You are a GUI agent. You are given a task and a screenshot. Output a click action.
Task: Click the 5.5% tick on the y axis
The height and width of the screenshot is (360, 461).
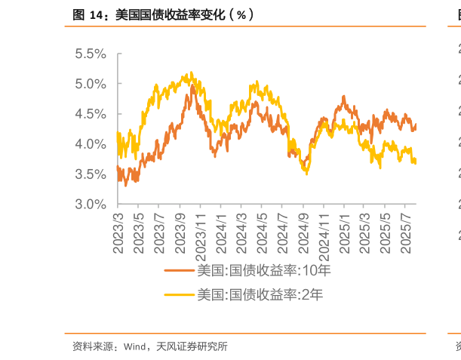(90, 54)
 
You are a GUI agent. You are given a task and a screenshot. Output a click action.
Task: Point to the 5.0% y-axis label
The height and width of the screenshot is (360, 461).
(90, 84)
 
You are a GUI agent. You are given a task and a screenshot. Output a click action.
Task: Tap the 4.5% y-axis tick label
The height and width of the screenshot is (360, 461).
(90, 114)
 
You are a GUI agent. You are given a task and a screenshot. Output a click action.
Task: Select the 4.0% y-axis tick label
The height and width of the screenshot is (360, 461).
(90, 144)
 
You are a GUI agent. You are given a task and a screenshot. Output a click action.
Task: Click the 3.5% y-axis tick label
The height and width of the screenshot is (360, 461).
(90, 174)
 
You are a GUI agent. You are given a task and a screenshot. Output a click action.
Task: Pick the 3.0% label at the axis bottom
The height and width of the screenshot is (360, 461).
(90, 204)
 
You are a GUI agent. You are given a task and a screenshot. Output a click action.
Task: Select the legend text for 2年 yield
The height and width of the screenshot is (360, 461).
(260, 294)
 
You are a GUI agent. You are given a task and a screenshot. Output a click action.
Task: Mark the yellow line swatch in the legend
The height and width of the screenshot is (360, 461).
(180, 294)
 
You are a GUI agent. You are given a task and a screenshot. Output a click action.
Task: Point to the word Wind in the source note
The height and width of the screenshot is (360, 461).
(135, 347)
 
